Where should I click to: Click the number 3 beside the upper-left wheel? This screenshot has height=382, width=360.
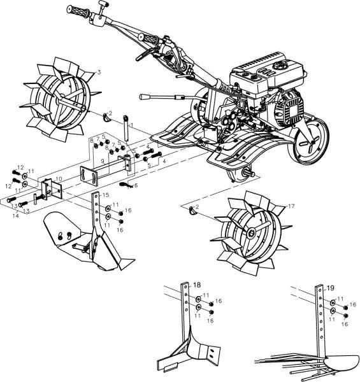coord(98,72)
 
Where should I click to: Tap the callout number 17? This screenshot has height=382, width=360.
coord(291,206)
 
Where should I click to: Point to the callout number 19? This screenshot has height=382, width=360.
coord(331,288)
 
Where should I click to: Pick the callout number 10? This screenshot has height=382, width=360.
coord(59,179)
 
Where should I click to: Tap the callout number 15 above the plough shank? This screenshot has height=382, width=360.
coord(106,194)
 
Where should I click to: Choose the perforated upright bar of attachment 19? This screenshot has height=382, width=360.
coord(319,318)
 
